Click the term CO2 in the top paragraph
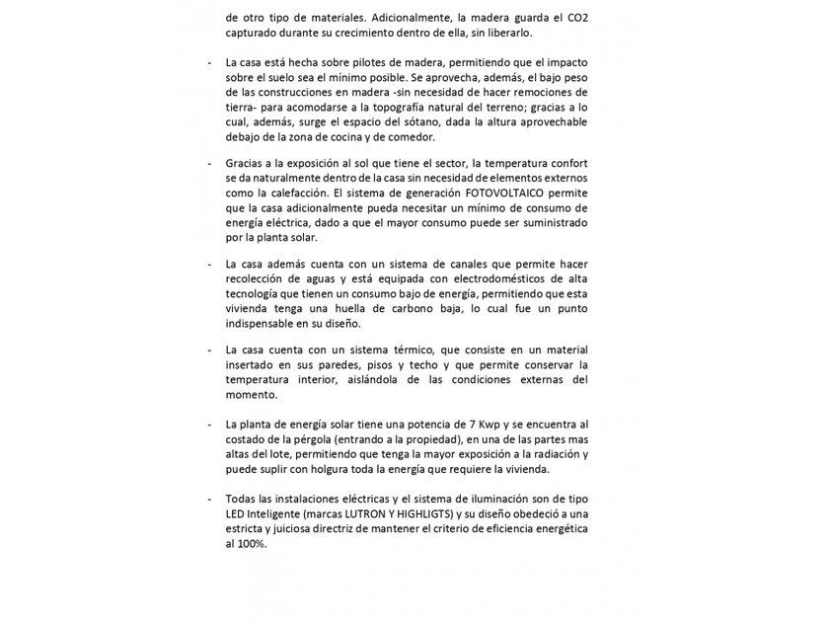(577, 18)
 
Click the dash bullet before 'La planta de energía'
(208, 424)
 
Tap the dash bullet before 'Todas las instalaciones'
(208, 499)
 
